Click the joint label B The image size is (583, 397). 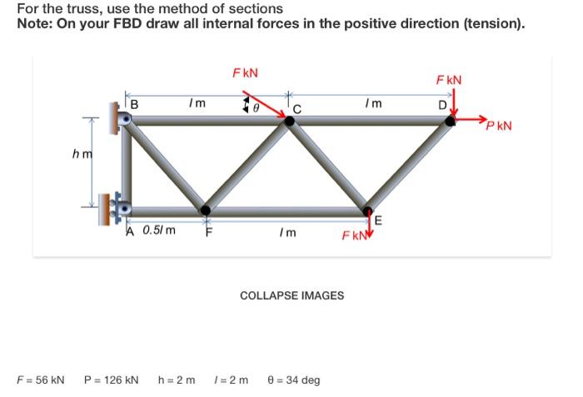click(x=135, y=104)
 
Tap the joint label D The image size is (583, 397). click(x=443, y=104)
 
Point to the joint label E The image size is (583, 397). click(x=379, y=221)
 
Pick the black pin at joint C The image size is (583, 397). click(x=290, y=122)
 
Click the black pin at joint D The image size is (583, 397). click(x=451, y=122)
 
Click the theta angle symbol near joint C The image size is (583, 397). click(x=257, y=107)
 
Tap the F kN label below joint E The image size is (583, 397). click(x=352, y=236)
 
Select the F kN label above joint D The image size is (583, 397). click(x=449, y=80)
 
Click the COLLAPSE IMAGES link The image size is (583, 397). click(x=291, y=295)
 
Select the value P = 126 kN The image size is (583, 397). click(x=112, y=380)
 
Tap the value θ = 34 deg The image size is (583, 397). click(x=293, y=380)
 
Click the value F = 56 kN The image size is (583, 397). click(x=41, y=380)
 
